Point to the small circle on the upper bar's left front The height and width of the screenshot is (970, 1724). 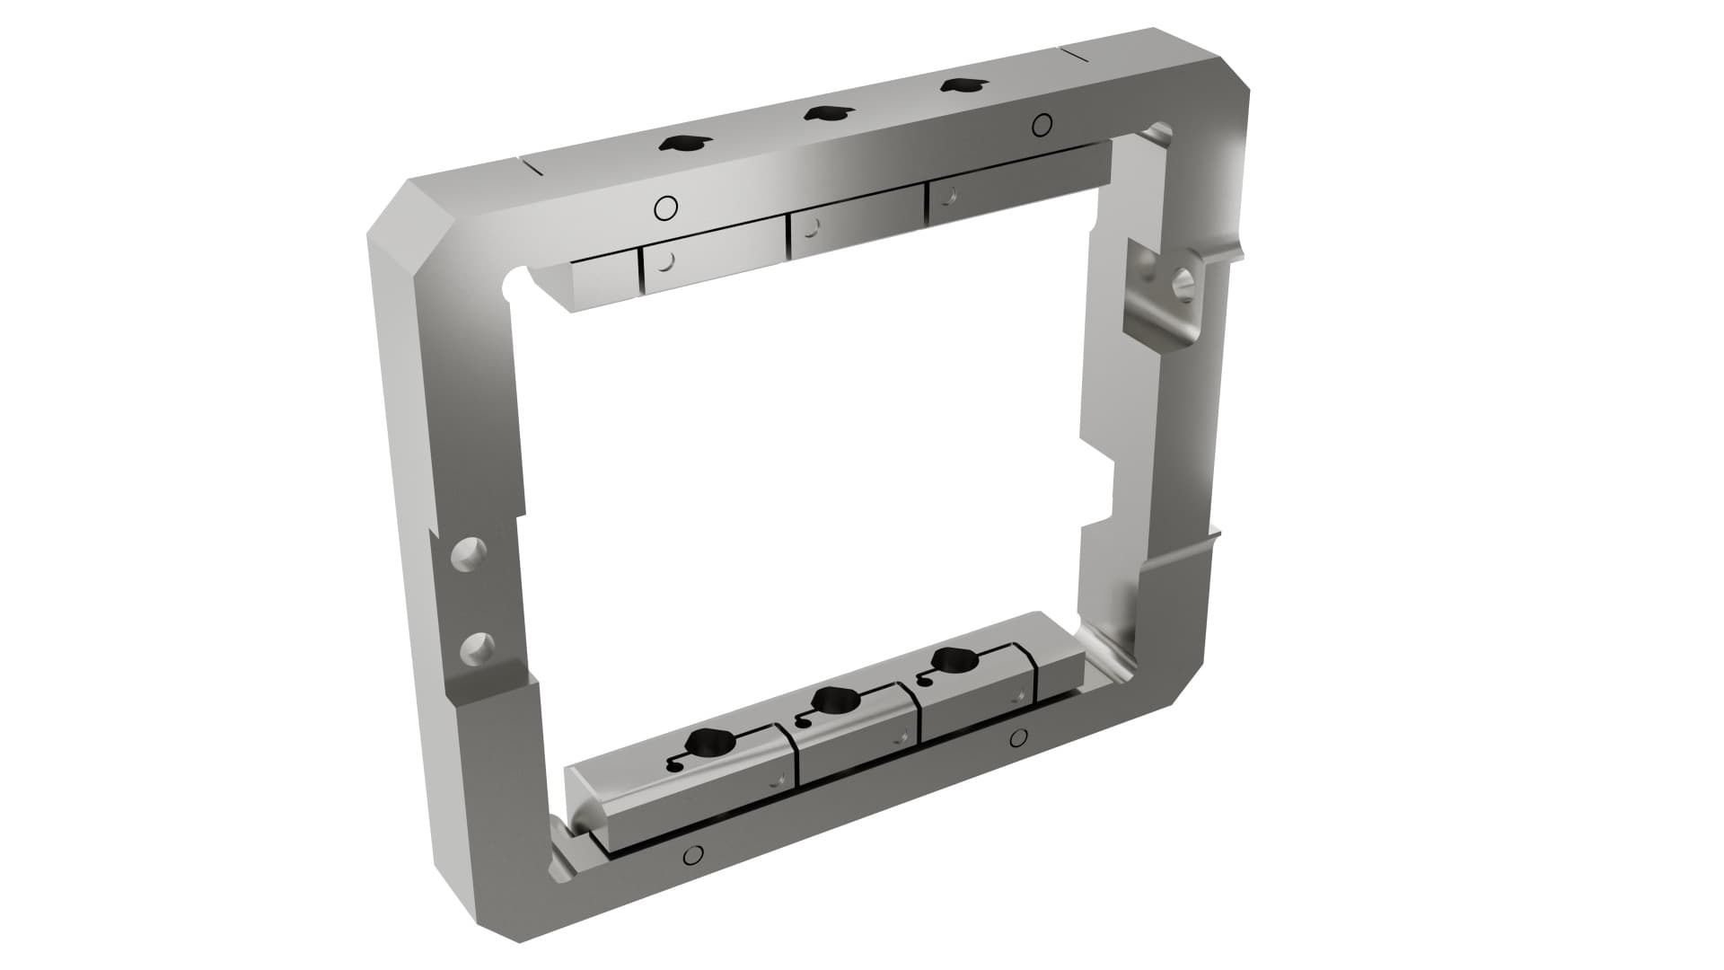[x=665, y=208]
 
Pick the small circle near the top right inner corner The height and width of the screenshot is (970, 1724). [x=1042, y=124]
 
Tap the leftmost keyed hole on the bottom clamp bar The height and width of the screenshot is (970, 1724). [x=708, y=742]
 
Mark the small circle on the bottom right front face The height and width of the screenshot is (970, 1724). [x=1017, y=738]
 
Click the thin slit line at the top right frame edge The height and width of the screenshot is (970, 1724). [x=1086, y=54]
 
